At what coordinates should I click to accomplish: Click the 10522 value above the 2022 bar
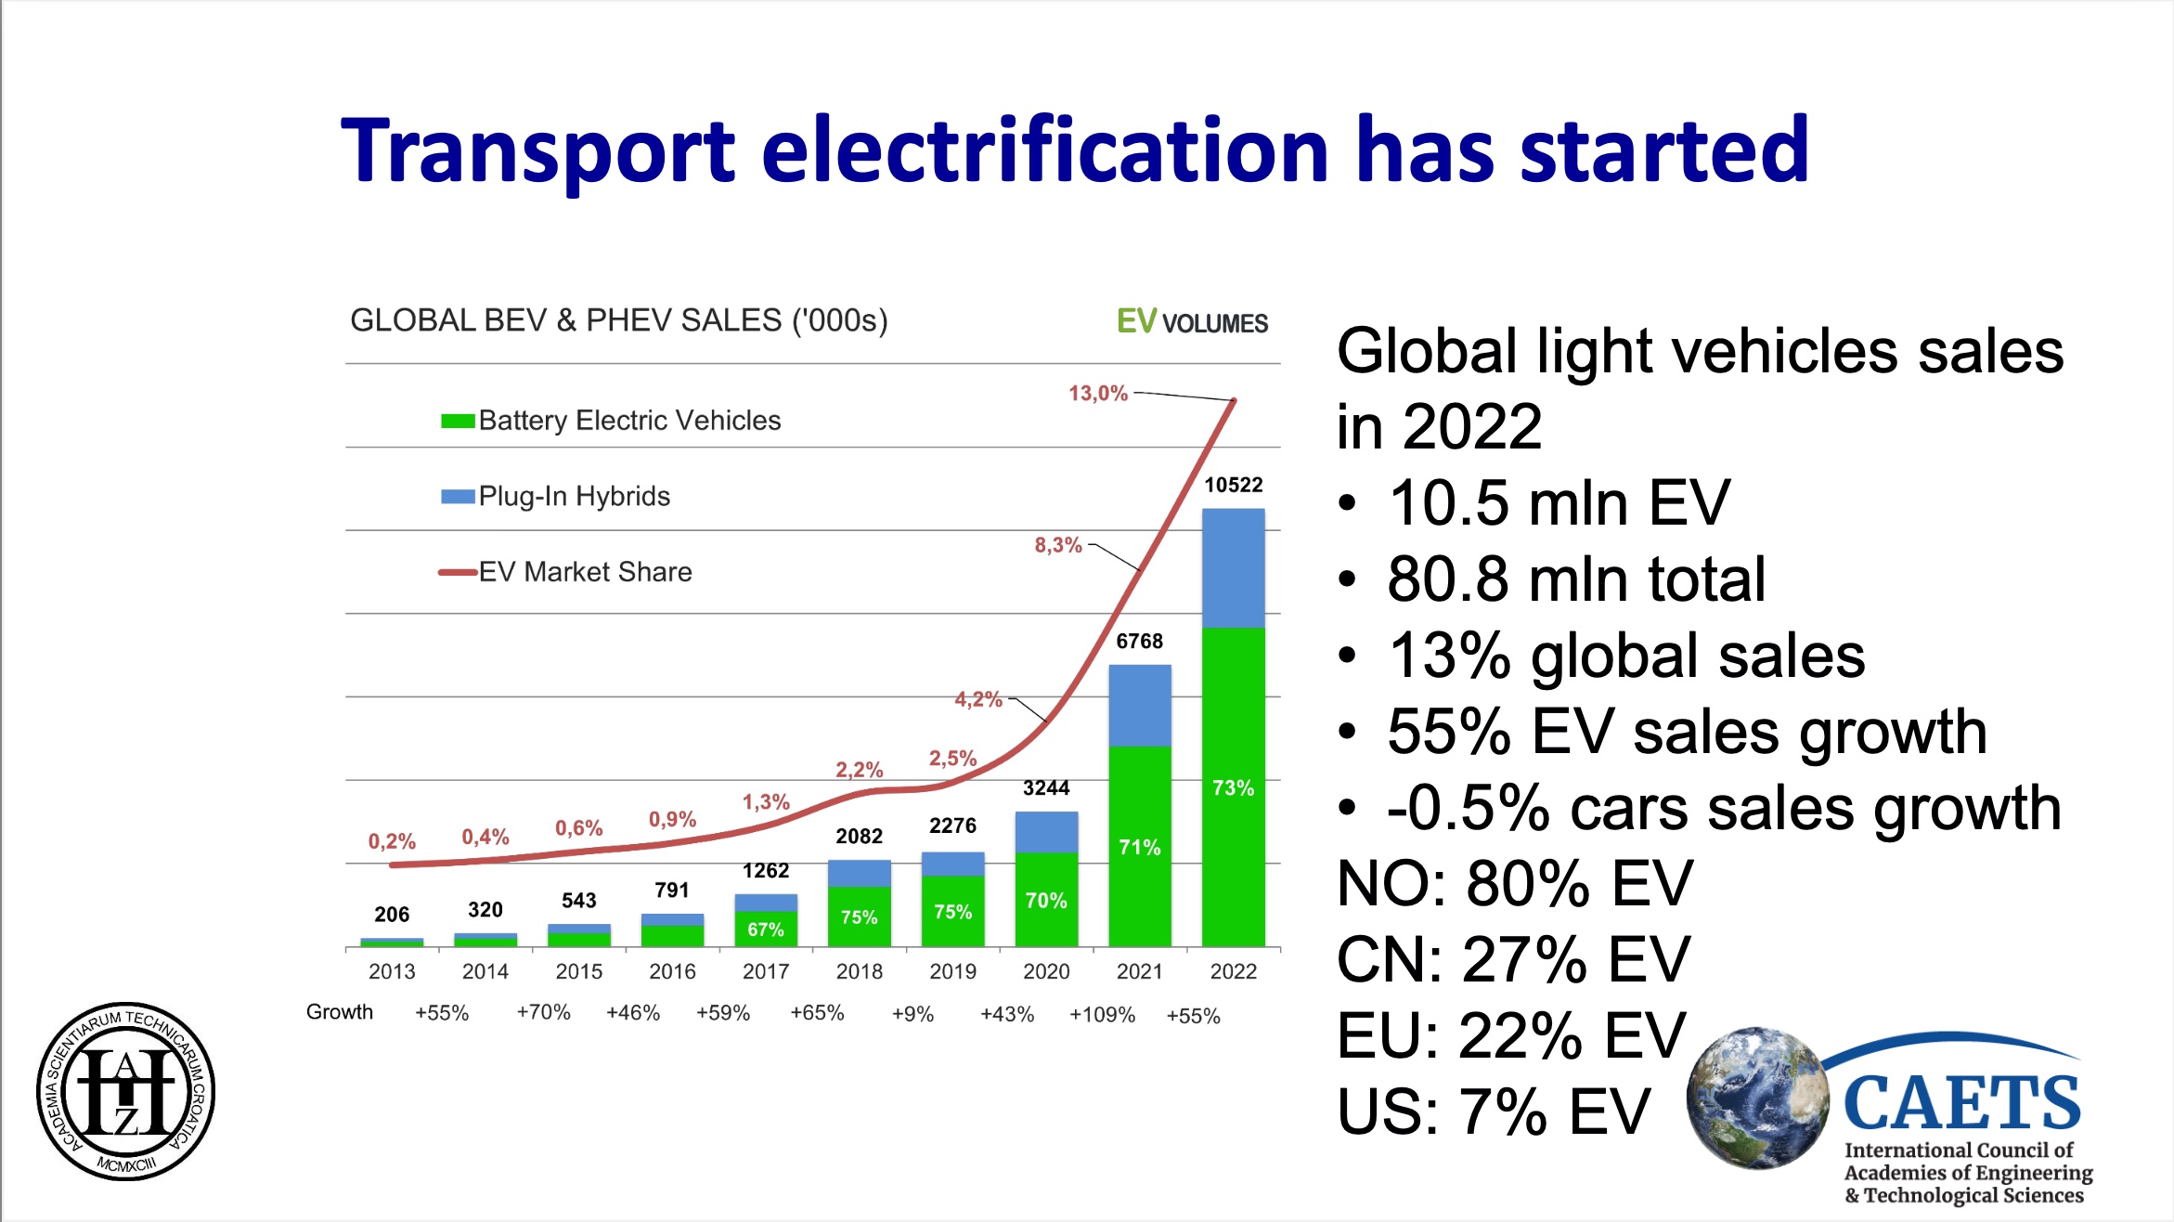point(1233,485)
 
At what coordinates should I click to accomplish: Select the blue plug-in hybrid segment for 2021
point(1139,706)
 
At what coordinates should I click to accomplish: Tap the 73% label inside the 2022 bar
point(1233,788)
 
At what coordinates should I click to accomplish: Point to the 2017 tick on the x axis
point(765,971)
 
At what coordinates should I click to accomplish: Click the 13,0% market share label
point(1097,394)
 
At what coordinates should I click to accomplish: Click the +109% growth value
point(1102,1015)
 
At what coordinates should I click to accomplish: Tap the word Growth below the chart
point(340,1012)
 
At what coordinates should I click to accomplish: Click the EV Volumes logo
point(1192,322)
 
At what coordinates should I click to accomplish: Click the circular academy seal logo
point(125,1092)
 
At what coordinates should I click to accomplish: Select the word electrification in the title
point(1045,150)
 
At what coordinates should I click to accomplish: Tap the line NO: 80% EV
point(1514,883)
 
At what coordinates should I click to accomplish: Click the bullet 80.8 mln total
point(1575,579)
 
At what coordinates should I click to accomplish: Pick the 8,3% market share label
point(1058,545)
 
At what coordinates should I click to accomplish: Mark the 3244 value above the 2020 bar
point(1046,788)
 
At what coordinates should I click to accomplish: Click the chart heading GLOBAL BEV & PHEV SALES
point(618,320)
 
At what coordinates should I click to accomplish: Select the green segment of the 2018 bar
point(859,917)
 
